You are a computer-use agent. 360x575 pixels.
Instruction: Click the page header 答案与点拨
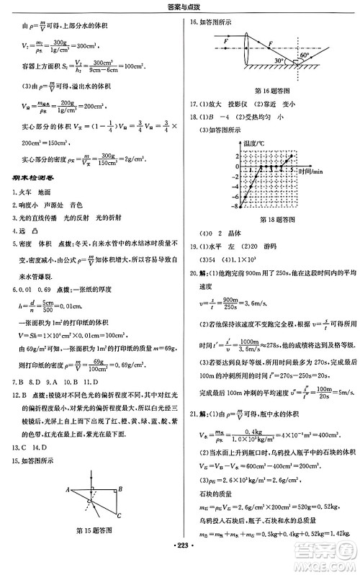[179, 6]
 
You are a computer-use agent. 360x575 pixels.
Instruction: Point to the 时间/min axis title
[311, 171]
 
